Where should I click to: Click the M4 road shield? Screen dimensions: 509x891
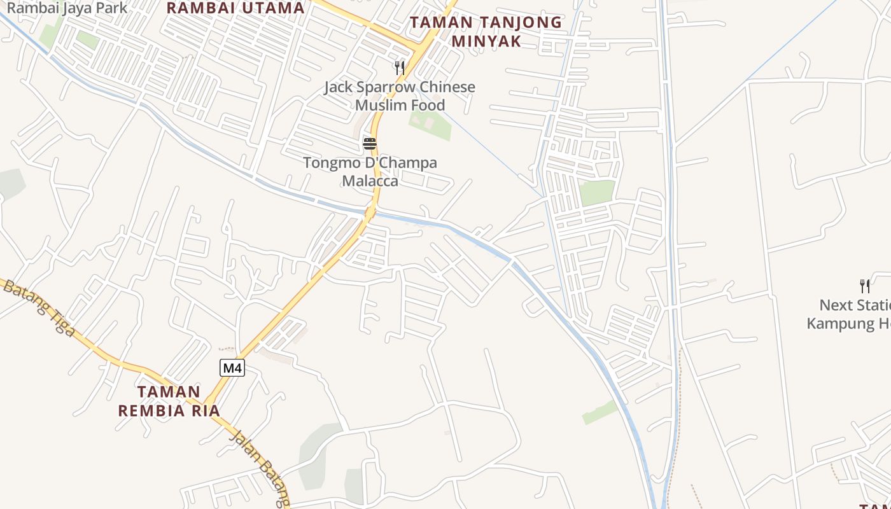pos(233,367)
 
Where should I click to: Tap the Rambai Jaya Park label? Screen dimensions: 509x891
pos(67,8)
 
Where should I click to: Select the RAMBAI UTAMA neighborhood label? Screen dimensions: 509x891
pos(235,8)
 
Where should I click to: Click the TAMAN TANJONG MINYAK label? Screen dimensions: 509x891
pos(486,32)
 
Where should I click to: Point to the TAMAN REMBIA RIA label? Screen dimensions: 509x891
pos(169,401)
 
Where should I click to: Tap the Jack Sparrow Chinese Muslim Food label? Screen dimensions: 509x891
pos(400,95)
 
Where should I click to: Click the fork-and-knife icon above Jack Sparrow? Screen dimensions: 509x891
pos(400,67)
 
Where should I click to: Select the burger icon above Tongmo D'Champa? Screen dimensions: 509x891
pos(370,143)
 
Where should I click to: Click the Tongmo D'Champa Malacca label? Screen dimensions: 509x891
pos(370,172)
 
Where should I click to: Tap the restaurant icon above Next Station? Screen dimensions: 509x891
pos(864,286)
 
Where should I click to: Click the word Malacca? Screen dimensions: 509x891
pos(370,181)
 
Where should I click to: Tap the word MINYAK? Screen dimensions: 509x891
pos(486,41)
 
